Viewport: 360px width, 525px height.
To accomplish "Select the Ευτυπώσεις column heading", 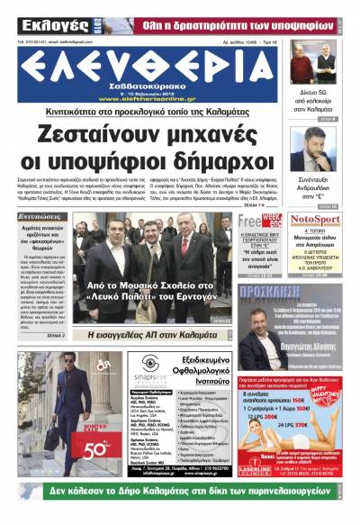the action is click(x=44, y=217).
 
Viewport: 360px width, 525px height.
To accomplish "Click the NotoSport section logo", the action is click(x=315, y=220).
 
